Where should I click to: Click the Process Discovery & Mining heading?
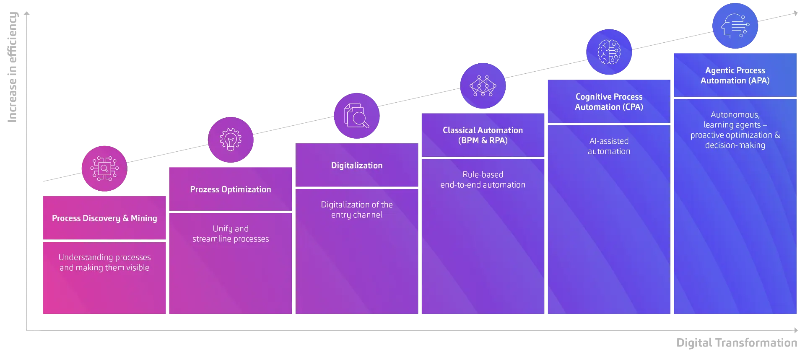[104, 218]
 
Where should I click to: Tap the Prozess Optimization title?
[231, 189]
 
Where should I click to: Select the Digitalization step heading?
[357, 166]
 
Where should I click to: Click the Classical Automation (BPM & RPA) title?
[483, 135]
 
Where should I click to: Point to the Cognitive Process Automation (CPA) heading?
[609, 102]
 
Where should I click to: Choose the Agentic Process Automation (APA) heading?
[735, 75]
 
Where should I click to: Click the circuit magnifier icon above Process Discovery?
[104, 168]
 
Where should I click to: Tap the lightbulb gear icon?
[231, 140]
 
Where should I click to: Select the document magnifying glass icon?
[356, 116]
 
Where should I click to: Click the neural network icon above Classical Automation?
[483, 86]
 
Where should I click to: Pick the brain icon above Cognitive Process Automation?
[609, 52]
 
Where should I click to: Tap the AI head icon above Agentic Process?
[735, 26]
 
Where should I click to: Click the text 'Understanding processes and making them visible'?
[104, 262]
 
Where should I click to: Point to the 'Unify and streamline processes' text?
[231, 234]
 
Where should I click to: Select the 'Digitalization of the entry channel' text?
[357, 210]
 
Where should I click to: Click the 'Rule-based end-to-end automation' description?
[483, 180]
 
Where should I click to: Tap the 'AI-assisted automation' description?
[609, 146]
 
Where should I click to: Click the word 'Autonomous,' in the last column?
[735, 115]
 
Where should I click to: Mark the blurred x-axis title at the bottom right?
[736, 342]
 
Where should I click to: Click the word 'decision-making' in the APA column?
[735, 145]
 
